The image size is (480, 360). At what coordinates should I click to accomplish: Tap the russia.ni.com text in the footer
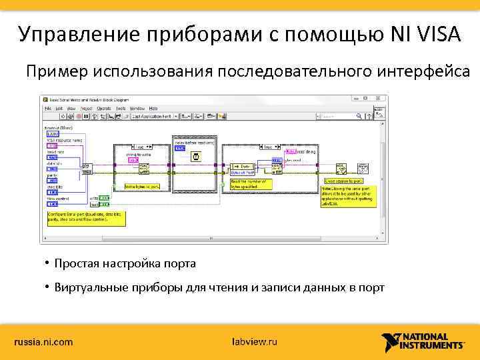coord(44,342)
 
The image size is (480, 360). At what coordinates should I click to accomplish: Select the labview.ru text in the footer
coord(254,342)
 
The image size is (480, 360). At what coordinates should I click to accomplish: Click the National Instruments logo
coord(423,341)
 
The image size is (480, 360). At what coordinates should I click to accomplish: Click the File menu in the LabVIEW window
coord(48,107)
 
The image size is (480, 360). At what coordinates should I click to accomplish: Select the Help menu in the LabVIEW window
coord(153,107)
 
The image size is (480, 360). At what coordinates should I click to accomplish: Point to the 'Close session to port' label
coord(344,181)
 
